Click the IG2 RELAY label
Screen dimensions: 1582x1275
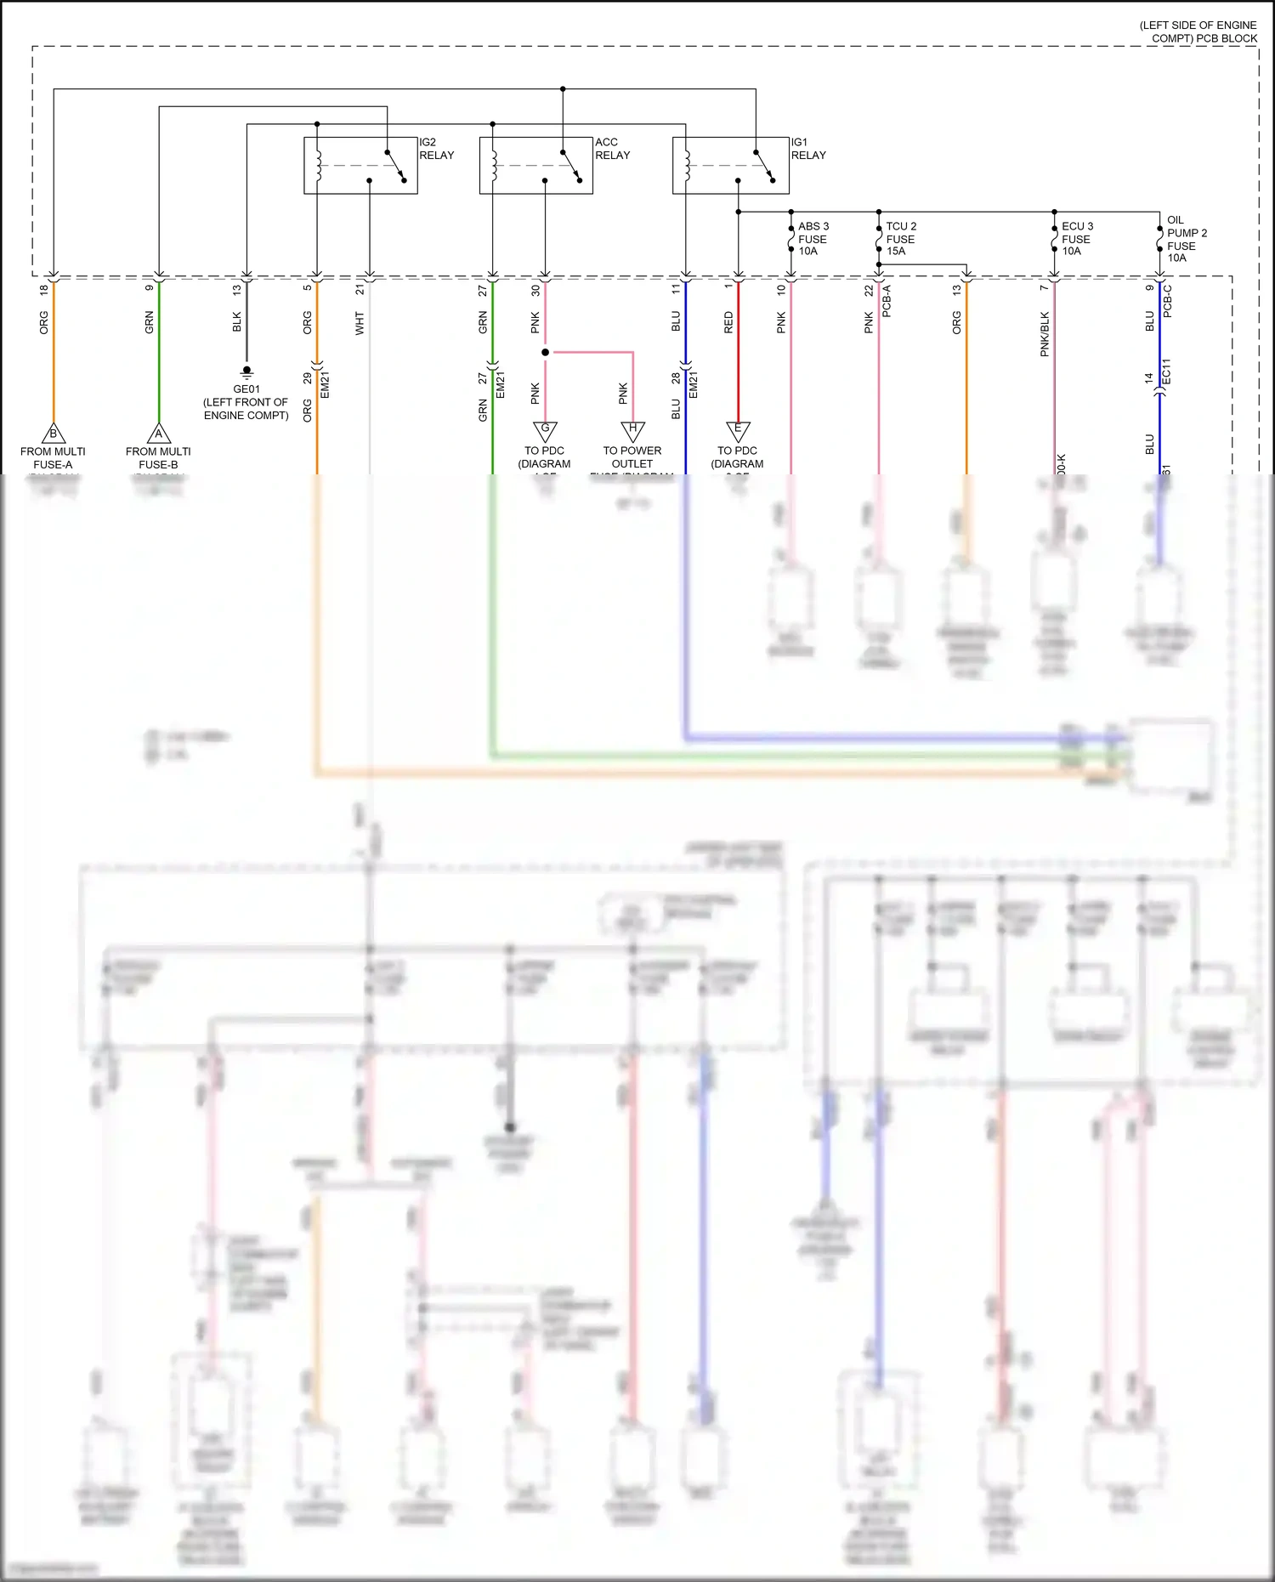coord(436,149)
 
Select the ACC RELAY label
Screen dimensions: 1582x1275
coord(612,149)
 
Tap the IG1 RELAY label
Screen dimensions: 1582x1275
coord(807,149)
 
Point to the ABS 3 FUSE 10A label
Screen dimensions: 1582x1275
coord(813,239)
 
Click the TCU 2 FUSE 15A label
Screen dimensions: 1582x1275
coord(901,239)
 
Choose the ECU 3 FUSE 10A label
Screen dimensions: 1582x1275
coord(1077,239)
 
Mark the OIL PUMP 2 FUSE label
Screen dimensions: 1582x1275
coord(1186,239)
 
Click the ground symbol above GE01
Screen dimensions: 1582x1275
coord(246,371)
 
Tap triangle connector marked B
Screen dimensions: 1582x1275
coord(54,434)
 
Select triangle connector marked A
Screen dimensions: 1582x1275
coord(159,434)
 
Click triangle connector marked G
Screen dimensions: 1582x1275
coord(545,430)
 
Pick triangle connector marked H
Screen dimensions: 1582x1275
coord(632,430)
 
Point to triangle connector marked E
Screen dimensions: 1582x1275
coord(738,430)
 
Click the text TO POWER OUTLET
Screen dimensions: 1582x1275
coord(632,457)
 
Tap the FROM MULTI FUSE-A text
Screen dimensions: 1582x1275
coord(53,458)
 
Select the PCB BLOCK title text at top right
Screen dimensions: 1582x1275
coord(1198,32)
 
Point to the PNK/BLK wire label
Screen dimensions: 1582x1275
coord(1045,334)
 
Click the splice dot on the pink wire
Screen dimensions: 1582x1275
coord(545,352)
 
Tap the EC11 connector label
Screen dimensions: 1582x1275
coord(1167,371)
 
